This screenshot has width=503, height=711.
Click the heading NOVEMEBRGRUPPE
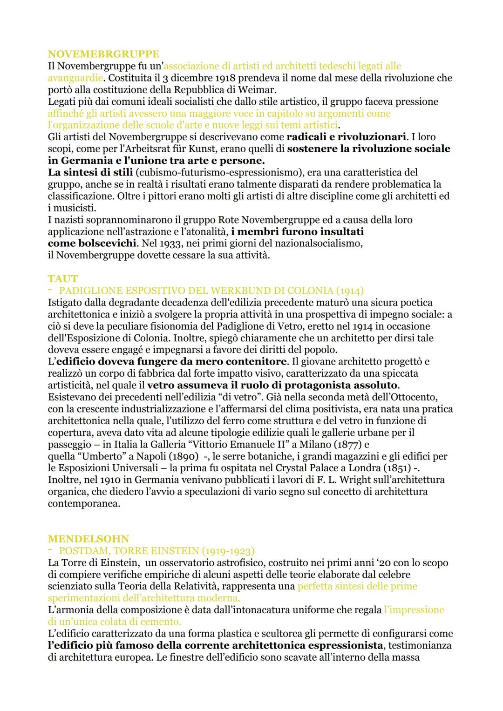(103, 54)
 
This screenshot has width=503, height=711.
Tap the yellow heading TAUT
(62, 278)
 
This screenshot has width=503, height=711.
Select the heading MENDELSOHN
(88, 539)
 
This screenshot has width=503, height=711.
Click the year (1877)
(348, 445)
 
